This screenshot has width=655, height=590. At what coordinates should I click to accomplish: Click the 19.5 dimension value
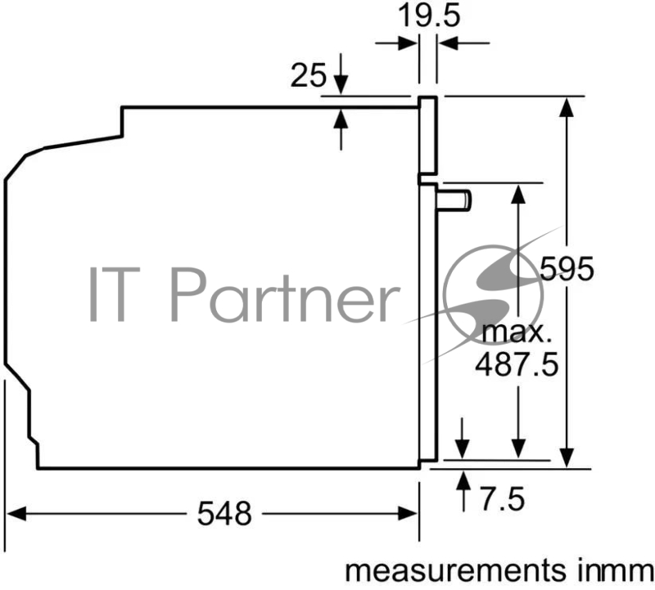point(429,16)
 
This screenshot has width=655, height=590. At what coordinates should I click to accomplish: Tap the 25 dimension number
point(309,75)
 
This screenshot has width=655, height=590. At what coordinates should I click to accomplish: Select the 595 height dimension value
point(567,268)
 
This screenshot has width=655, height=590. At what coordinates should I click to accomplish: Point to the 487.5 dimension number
point(517,364)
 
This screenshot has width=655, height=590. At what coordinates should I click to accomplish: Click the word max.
point(514,333)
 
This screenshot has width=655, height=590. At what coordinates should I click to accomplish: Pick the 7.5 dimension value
point(503,499)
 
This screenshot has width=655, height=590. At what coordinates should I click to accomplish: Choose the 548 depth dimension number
point(224,513)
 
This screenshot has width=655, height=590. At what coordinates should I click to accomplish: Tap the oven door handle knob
point(454,200)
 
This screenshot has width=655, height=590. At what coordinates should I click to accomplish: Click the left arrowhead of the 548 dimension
point(16,514)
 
